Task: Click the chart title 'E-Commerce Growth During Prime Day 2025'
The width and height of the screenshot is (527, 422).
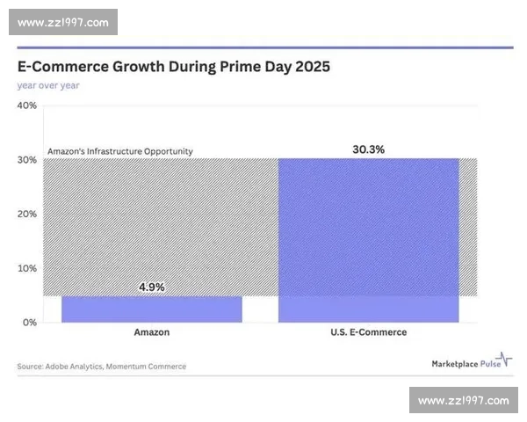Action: coord(173,67)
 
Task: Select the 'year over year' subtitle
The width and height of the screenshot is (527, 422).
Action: coord(47,85)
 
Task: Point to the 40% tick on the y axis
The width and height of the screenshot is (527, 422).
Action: coord(26,105)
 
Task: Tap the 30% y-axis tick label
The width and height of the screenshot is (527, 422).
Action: coord(26,160)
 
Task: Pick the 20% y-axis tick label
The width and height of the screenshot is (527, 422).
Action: coord(26,214)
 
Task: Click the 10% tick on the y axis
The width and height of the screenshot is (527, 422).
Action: coord(26,268)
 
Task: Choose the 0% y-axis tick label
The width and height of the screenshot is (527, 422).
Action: coord(29,323)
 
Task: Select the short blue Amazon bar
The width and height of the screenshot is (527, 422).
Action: coord(151,309)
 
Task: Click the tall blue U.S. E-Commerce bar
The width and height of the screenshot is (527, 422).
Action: coord(369,237)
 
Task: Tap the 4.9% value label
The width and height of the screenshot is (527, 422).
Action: coord(151,287)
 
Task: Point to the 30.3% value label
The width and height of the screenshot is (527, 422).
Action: coord(369,149)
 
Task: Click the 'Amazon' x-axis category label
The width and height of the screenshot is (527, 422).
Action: coord(151,332)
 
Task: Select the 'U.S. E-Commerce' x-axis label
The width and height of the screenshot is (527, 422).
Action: coord(369,332)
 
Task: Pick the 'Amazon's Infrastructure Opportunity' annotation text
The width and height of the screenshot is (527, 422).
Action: coord(119,151)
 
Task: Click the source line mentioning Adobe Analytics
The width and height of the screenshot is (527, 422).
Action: coord(102,366)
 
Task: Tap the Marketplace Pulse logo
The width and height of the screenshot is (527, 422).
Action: coord(470,362)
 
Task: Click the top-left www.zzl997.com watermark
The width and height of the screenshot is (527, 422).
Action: coord(63,22)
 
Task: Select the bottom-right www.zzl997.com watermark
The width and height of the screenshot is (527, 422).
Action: coord(463,401)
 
